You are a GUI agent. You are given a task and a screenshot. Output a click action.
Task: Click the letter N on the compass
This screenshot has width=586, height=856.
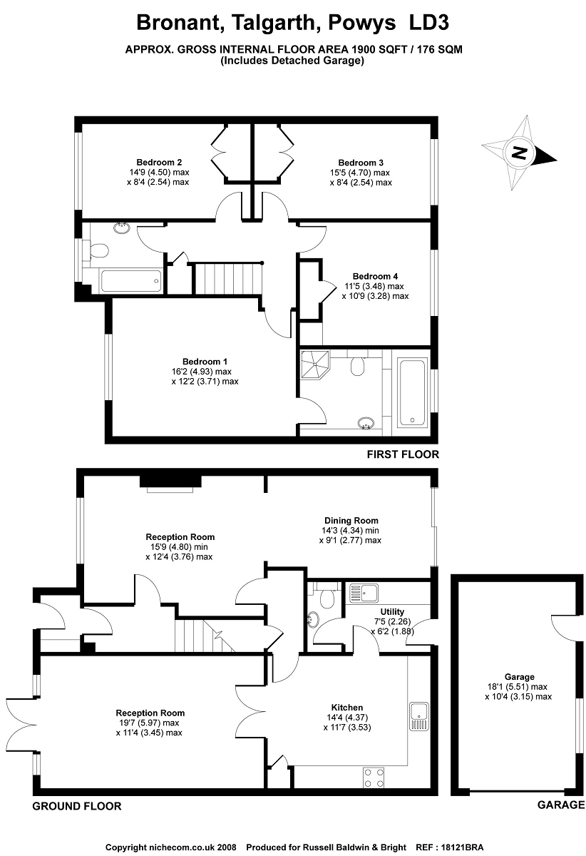pos(519,153)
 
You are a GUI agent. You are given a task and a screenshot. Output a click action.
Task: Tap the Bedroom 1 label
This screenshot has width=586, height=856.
pos(205,362)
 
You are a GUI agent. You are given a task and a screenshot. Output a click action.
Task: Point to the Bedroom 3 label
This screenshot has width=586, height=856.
pos(361,163)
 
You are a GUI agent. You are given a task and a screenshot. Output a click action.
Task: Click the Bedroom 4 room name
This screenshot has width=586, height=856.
pos(375,276)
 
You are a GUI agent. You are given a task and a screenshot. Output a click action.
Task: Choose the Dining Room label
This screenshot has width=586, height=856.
pos(351,521)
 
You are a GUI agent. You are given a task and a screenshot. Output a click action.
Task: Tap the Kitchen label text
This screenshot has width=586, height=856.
pos(347,708)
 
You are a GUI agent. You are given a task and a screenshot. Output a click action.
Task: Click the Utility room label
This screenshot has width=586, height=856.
pos(392,611)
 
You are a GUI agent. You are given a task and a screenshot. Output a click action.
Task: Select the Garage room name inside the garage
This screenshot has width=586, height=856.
pos(519,677)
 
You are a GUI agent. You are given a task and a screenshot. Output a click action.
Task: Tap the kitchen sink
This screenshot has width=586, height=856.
pos(418,716)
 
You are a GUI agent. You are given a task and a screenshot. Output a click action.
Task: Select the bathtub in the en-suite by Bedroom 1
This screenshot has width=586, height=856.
pos(412,392)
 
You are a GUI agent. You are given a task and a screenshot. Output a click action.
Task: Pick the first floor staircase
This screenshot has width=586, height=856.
pos(228,279)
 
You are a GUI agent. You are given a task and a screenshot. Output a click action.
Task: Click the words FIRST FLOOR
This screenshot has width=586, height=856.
pos(403,454)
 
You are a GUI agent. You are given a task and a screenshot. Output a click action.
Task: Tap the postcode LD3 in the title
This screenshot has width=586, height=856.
pos(428,23)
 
